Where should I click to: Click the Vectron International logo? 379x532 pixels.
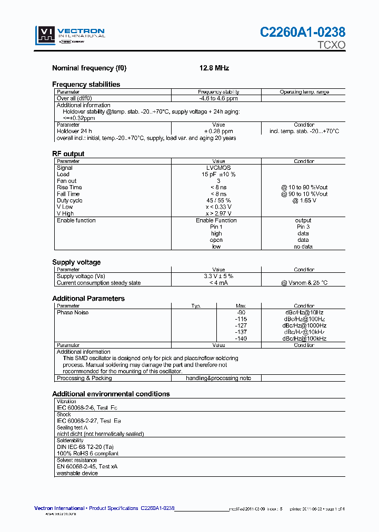70,35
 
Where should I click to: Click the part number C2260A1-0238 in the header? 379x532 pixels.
303,33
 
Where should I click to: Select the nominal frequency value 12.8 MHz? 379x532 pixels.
214,68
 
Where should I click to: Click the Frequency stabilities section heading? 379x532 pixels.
86,84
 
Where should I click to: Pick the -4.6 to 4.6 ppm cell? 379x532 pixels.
218,98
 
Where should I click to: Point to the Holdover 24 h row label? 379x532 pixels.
74,131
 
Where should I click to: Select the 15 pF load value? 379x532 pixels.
218,175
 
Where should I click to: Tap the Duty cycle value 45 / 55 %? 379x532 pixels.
218,200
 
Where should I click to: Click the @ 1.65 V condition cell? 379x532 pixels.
304,200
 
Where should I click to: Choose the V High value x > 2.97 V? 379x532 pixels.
218,213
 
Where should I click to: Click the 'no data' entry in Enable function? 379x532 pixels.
303,247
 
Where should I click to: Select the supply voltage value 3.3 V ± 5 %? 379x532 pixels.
218,276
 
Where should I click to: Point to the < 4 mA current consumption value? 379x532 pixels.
218,283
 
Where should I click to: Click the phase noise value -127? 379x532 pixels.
240,325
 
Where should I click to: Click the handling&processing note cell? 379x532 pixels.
218,378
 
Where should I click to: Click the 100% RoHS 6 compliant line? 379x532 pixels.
87,454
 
